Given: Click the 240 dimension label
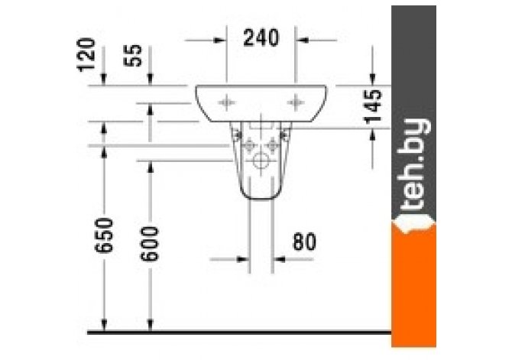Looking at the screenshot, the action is (261, 37).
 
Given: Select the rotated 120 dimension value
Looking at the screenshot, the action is (86, 54).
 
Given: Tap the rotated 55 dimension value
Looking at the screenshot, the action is (133, 55).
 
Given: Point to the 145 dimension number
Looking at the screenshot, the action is (373, 107).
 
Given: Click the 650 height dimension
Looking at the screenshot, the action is (104, 235).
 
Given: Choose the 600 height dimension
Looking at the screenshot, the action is (150, 243).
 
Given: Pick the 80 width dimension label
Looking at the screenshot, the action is (304, 242).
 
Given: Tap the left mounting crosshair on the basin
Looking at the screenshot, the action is (227, 102).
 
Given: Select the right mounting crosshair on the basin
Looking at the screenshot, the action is (296, 102).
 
